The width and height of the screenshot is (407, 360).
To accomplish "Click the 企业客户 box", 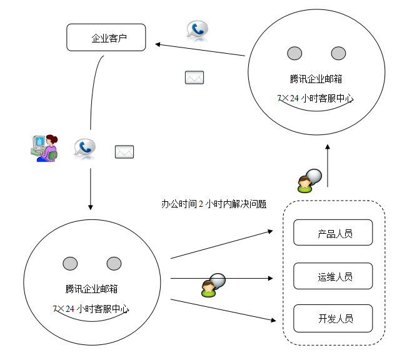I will (106, 37).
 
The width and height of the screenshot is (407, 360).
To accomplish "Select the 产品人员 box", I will (333, 233).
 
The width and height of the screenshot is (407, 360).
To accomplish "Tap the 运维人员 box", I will (333, 276).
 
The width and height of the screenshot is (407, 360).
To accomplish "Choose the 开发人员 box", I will (333, 318).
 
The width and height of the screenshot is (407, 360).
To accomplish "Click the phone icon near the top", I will (197, 30).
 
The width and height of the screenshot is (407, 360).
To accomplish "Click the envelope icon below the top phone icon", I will (194, 77).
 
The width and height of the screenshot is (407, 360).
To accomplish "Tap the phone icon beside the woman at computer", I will (84, 148).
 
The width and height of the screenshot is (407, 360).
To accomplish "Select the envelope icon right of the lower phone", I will (124, 151).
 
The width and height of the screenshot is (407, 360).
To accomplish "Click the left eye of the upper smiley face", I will (294, 53).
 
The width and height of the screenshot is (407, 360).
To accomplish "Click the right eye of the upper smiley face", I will (338, 53).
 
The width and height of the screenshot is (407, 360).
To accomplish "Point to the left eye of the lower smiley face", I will (70, 263).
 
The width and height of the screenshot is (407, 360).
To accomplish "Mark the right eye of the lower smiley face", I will (114, 263).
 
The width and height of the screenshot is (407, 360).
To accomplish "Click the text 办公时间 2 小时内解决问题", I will (214, 204).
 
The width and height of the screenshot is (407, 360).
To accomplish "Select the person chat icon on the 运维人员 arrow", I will (213, 285).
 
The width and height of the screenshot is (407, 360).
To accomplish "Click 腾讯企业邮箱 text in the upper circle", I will (316, 79).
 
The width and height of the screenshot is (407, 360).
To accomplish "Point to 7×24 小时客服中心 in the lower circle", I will (91, 309).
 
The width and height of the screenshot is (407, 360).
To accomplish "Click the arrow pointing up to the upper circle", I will (328, 166).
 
